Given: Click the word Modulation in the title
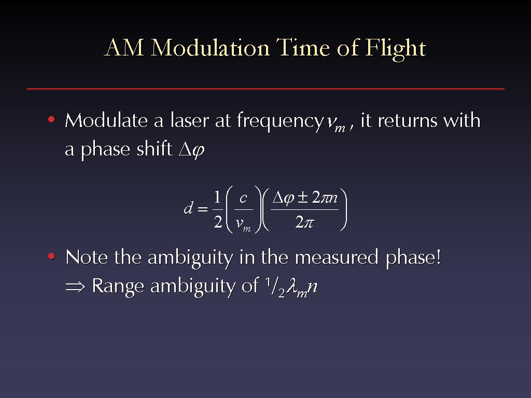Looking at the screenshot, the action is coord(210,47).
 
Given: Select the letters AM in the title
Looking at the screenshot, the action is coord(124,47).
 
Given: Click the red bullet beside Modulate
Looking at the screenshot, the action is coord(51,120).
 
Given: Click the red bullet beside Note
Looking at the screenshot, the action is coord(51,256).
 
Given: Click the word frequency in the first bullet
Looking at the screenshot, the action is coord(280,122).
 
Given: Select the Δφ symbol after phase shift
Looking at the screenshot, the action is coord(192,150).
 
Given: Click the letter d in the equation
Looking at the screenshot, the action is coord(189,208).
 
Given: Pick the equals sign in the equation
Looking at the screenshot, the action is coord(203,209).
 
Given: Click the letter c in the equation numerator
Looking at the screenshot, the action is coord(243,198).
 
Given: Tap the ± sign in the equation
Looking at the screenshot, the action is coord(303,197).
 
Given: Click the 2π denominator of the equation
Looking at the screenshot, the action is coord(304,222).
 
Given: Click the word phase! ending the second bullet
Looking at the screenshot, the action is coord(413,258).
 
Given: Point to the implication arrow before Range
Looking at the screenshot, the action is coord(75,287).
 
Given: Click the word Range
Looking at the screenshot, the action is coord(118,287).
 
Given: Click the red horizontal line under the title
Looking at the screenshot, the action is coord(265,89).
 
